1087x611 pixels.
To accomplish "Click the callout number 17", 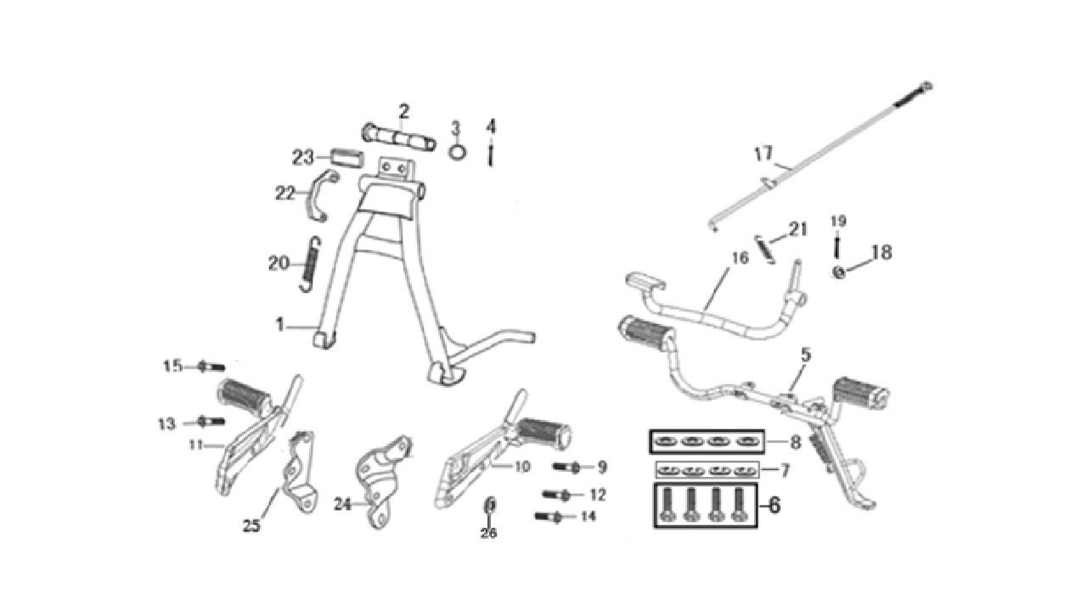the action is click(x=763, y=154).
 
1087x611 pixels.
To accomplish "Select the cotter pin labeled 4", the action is click(x=491, y=154).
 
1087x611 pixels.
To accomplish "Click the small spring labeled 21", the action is click(x=765, y=249).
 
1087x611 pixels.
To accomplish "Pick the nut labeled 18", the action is click(x=840, y=272).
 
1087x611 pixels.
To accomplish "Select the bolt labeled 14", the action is click(x=549, y=518).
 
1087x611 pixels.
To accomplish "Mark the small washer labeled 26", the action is click(x=490, y=505).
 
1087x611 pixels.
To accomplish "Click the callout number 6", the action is click(x=774, y=505).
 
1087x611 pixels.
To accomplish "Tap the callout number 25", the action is click(x=252, y=526).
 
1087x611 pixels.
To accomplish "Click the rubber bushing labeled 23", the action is click(x=347, y=158).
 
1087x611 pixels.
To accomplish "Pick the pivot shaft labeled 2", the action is click(x=399, y=137).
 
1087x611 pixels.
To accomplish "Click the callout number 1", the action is click(x=280, y=324).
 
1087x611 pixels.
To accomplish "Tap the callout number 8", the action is click(x=796, y=442).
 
